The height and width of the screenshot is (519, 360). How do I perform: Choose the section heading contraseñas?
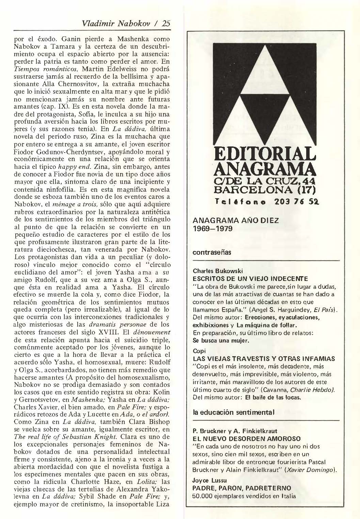click(x=212, y=252)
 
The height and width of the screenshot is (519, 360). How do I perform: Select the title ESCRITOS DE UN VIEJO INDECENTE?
click(x=250, y=279)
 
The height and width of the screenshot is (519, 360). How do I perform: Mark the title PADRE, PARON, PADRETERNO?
click(x=242, y=488)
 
